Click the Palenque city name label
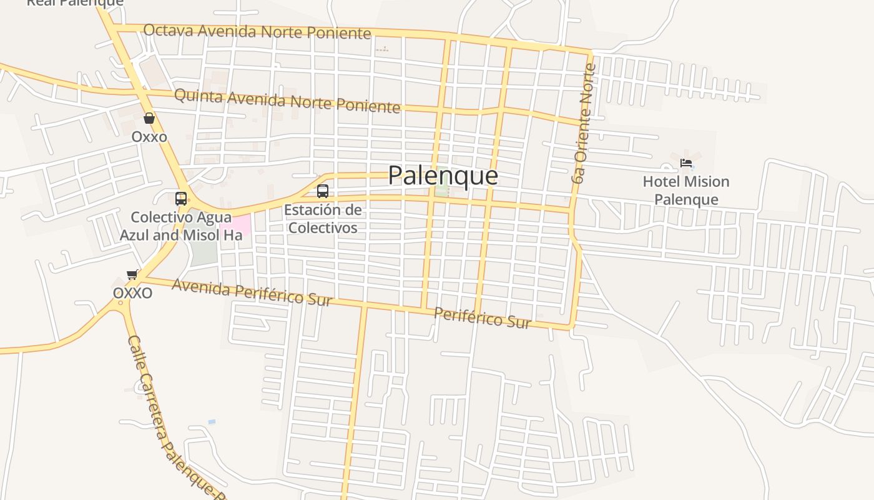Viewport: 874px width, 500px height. pyautogui.click(x=443, y=176)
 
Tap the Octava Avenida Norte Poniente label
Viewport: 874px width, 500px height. pyautogui.click(x=257, y=31)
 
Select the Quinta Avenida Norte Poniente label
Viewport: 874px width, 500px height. pyautogui.click(x=287, y=101)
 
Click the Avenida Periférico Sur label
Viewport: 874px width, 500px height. pyautogui.click(x=252, y=292)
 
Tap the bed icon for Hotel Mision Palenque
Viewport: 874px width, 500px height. pyautogui.click(x=686, y=163)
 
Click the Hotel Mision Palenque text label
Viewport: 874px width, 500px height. pyautogui.click(x=686, y=191)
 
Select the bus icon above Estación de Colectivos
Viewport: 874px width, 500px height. pyautogui.click(x=322, y=191)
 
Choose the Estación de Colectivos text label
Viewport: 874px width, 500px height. pyautogui.click(x=323, y=219)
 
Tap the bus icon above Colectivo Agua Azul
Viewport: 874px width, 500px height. pyautogui.click(x=181, y=199)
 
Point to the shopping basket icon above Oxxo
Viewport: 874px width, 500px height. pyautogui.click(x=149, y=118)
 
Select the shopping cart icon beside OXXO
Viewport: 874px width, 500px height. pyautogui.click(x=132, y=274)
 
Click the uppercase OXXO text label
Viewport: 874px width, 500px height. pyautogui.click(x=132, y=292)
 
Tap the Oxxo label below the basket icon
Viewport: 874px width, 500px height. pyautogui.click(x=149, y=136)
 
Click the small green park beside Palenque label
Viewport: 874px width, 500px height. pyautogui.click(x=442, y=189)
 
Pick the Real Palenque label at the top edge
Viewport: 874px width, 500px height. pyautogui.click(x=75, y=3)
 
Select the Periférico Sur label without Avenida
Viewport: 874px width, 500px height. pyautogui.click(x=482, y=318)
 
